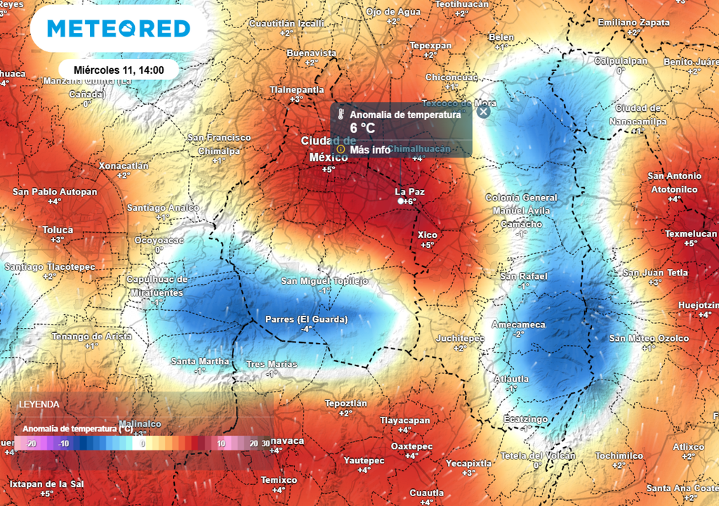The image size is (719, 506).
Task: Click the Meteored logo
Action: pos(119,29)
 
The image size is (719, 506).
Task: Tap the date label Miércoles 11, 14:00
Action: pos(119,70)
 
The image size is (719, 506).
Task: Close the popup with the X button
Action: pos(482,111)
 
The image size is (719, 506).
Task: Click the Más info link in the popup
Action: pos(370,150)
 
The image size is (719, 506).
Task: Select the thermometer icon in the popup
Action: pos(340,115)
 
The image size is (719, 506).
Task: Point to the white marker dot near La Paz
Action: pos(400,202)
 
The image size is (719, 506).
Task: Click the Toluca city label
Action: pos(57,230)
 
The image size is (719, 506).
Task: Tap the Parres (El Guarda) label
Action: pos(306,320)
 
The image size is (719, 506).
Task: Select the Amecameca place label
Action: pos(518,325)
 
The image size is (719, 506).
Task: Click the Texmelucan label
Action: pos(691,233)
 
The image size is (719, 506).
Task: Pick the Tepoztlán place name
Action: pos(346,403)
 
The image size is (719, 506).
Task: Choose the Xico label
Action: pos(428,235)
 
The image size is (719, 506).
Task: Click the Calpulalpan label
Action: pos(620,61)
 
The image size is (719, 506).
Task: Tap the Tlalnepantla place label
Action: pos(297,90)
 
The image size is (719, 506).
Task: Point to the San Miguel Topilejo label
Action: pos(324,281)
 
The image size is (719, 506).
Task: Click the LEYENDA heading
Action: pos(39,405)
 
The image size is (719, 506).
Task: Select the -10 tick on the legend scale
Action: pos(62,443)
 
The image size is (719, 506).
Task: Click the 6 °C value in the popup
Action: pos(363,129)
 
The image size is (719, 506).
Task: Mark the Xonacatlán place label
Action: pos(124,166)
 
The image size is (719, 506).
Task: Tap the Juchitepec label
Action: pos(460,339)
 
